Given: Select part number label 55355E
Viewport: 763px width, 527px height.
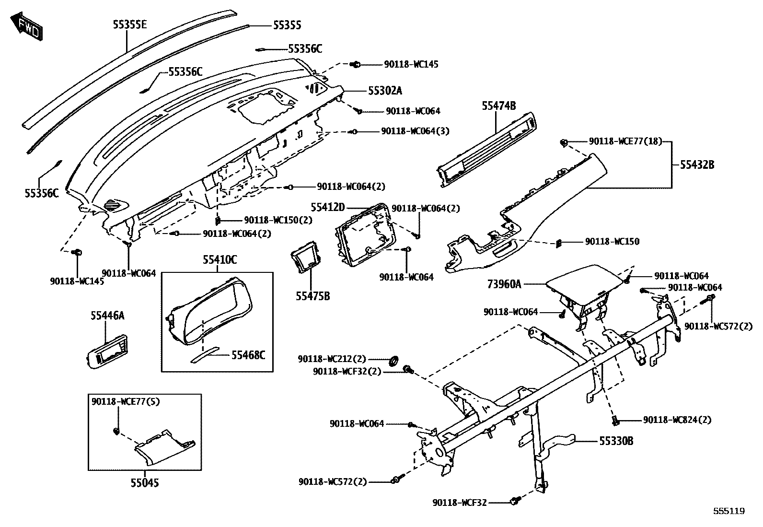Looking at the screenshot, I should (129, 24).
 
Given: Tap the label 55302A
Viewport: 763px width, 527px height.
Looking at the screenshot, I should (385, 90).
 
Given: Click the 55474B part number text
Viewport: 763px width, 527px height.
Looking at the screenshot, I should (498, 106).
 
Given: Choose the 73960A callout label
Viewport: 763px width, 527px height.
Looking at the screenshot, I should (504, 284).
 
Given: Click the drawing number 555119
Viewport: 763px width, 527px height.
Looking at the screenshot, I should (728, 511).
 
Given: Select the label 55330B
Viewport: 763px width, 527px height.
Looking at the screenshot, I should (616, 441).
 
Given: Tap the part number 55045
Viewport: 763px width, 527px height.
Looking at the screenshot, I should (144, 482).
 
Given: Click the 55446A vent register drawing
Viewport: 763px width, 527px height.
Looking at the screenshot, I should (107, 351).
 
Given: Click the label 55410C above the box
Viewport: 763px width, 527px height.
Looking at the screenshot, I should (220, 260).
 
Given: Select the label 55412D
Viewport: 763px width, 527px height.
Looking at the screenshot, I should (327, 207).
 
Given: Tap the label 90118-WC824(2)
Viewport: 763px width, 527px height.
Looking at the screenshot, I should (677, 420).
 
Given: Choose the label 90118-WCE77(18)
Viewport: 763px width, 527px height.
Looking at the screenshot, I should (625, 141).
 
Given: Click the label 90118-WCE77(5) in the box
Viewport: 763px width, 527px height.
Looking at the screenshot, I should (126, 402).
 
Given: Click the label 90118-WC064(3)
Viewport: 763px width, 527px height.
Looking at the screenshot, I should (415, 131).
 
